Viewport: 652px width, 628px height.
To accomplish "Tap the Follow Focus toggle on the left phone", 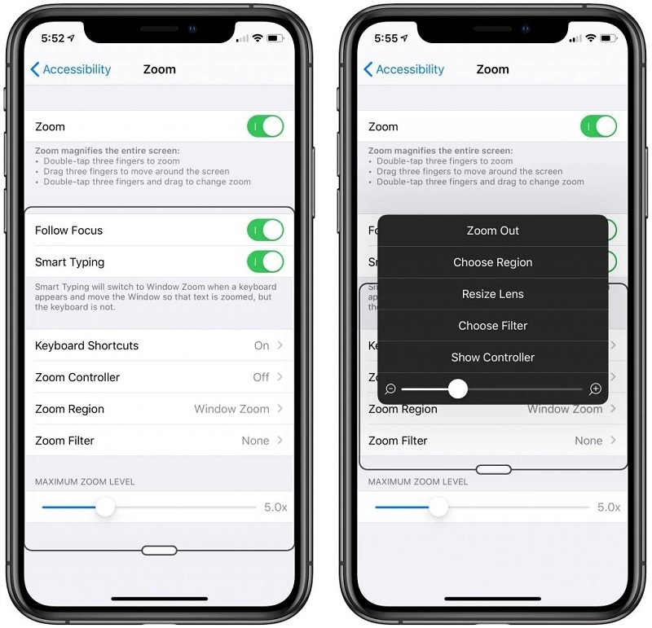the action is pos(266,230).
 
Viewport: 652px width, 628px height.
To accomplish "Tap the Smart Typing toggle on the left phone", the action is pos(266,261).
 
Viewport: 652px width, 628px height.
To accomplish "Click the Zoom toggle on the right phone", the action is pos(598,126).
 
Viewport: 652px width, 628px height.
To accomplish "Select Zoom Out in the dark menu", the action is pos(493,231).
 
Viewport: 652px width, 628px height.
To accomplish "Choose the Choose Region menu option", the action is pos(493,262).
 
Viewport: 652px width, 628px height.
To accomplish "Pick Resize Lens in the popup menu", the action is pos(493,294).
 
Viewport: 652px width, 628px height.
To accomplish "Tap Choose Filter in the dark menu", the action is pos(493,326).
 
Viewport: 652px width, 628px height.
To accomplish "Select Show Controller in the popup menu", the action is pos(493,357).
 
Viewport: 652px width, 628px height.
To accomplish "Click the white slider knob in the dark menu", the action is pos(458,389).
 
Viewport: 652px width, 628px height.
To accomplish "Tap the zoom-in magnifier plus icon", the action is pos(596,389).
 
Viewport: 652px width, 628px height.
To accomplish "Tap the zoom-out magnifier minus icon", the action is pos(390,389).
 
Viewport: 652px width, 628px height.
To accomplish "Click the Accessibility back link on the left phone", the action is pos(71,69).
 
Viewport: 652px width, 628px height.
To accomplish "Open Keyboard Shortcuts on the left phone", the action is pos(86,345).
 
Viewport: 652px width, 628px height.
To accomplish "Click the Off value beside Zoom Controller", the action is pos(261,377).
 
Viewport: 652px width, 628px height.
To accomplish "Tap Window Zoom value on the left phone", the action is pos(231,409).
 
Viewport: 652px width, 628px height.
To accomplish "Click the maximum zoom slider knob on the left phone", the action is pos(105,507).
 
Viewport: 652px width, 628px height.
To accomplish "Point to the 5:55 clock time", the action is pos(385,38).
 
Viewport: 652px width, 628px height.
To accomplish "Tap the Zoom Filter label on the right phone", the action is pos(398,441).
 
